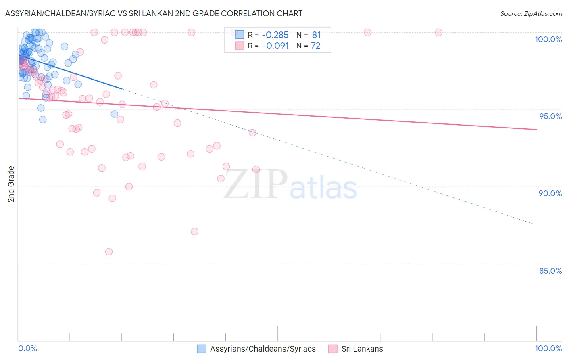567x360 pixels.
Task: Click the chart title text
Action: click(x=154, y=13)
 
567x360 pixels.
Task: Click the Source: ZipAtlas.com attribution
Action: click(x=531, y=14)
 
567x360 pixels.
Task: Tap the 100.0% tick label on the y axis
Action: click(x=548, y=39)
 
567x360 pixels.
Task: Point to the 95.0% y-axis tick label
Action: click(x=550, y=116)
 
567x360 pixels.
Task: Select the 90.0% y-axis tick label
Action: click(x=550, y=193)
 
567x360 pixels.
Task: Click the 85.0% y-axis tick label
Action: click(x=550, y=271)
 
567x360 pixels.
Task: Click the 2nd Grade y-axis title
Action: click(x=11, y=184)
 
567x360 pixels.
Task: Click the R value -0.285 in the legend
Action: click(x=275, y=35)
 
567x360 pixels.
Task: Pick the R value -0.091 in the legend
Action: click(x=275, y=46)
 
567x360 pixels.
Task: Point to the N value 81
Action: click(x=316, y=35)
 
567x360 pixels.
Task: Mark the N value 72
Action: click(x=315, y=46)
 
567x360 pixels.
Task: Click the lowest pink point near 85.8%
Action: click(x=109, y=252)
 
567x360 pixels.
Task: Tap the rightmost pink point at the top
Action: click(x=438, y=32)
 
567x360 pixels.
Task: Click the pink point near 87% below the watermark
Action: click(x=194, y=232)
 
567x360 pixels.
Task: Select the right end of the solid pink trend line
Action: click(x=536, y=129)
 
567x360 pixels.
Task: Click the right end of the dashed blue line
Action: click(x=536, y=225)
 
